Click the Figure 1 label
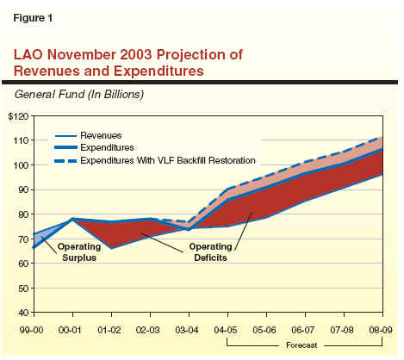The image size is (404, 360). coord(33,18)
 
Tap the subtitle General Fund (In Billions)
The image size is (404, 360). coord(79,94)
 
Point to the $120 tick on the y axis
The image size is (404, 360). coord(19,116)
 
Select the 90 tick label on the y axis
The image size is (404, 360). coord(24,189)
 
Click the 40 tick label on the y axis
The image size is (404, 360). coord(24,313)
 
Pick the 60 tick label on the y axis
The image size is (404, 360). coord(24,264)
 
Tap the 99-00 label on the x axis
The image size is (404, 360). coord(32,330)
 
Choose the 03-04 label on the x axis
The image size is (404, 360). coord(187,330)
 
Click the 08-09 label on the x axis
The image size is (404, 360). coord(381,330)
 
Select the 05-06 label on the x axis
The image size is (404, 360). coord(264,330)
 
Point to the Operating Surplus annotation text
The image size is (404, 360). coord(79,252)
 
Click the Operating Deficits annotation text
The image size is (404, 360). coord(210,252)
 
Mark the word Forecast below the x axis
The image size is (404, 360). coord(301,345)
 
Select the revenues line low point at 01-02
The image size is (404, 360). coord(111,248)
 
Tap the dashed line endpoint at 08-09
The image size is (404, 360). coord(382,137)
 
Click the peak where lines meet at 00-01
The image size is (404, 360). coord(72,219)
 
